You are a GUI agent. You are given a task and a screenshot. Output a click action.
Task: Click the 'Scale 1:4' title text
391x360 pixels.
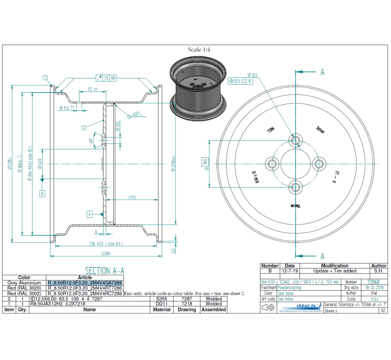(199, 50)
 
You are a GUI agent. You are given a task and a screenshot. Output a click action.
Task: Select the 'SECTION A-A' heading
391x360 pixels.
(105, 270)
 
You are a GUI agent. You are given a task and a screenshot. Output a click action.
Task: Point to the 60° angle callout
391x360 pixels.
(91, 140)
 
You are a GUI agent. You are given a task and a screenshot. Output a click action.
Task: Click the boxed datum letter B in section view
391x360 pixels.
(42, 193)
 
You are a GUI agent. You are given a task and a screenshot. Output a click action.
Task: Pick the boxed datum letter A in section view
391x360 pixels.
(90, 214)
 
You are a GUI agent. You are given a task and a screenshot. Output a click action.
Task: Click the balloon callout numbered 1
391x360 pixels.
(45, 78)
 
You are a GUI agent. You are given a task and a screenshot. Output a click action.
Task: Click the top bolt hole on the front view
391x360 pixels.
(295, 140)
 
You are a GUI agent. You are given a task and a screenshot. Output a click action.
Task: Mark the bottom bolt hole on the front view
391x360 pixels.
(295, 188)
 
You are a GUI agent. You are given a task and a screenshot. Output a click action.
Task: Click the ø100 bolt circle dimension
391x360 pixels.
(205, 161)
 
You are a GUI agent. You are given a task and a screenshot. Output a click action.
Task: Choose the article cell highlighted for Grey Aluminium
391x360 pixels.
(85, 283)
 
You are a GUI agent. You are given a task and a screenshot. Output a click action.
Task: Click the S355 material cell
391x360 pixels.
(161, 299)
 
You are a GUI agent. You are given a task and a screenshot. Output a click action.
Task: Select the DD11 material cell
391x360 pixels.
(161, 304)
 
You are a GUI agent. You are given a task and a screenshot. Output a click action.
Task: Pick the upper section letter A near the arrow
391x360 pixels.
(322, 72)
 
